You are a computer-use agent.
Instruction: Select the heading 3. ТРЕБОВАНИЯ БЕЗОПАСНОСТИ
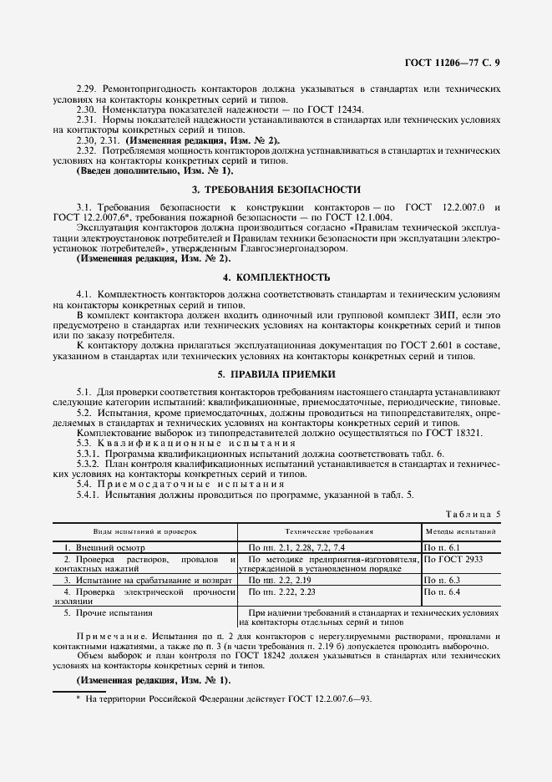[276, 190]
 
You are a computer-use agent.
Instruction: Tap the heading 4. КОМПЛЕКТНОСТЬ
[276, 277]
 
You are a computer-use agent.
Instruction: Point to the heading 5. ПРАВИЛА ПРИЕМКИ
[276, 374]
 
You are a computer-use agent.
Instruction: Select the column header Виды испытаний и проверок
[144, 531]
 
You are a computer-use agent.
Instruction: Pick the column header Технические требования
[328, 531]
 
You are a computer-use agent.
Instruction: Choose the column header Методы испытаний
[461, 531]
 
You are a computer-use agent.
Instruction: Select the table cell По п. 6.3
[443, 579]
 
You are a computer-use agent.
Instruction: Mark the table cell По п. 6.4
[443, 592]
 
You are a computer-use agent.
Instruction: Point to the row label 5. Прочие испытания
[109, 612]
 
